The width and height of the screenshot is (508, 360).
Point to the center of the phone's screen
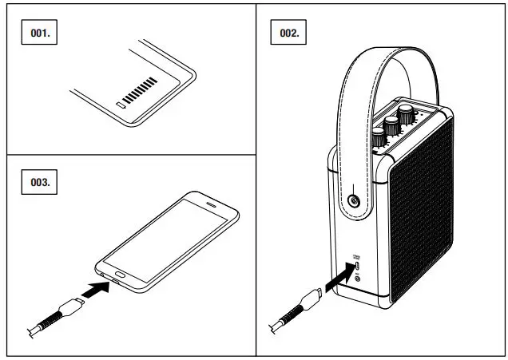tap(169, 237)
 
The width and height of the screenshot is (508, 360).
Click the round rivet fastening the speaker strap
tap(351, 199)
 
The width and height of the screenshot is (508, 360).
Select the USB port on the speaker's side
tap(356, 266)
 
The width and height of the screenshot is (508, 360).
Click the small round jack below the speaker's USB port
tap(356, 277)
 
